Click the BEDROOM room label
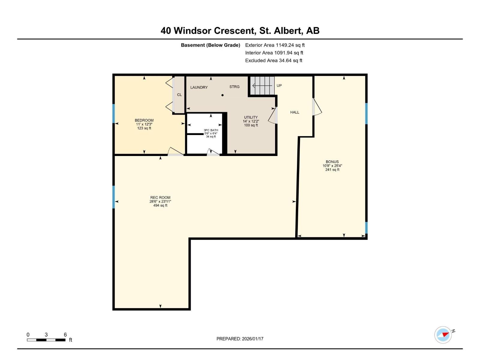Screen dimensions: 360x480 [x=144, y=120]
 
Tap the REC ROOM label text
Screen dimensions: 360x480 [x=160, y=197]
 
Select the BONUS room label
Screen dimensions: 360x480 [x=332, y=162]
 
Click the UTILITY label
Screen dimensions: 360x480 [x=251, y=117]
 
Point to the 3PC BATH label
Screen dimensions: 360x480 [x=211, y=130]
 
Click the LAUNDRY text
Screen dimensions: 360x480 [x=199, y=87]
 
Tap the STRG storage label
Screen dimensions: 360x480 [x=234, y=87]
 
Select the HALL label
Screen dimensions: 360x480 [x=295, y=112]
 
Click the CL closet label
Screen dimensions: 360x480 [x=179, y=95]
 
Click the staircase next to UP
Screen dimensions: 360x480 [x=262, y=85]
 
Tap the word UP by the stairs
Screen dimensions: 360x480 [x=279, y=85]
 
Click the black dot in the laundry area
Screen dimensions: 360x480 [x=223, y=95]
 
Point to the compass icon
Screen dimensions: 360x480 [x=443, y=334]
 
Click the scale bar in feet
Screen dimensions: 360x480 [x=46, y=340]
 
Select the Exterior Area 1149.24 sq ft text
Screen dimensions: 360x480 [x=275, y=45]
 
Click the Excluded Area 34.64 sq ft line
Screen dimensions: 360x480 [x=274, y=60]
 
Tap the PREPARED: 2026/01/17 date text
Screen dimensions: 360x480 [x=240, y=339]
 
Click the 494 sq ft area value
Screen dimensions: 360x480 [x=160, y=205]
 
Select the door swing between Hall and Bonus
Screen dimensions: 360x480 [x=317, y=107]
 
